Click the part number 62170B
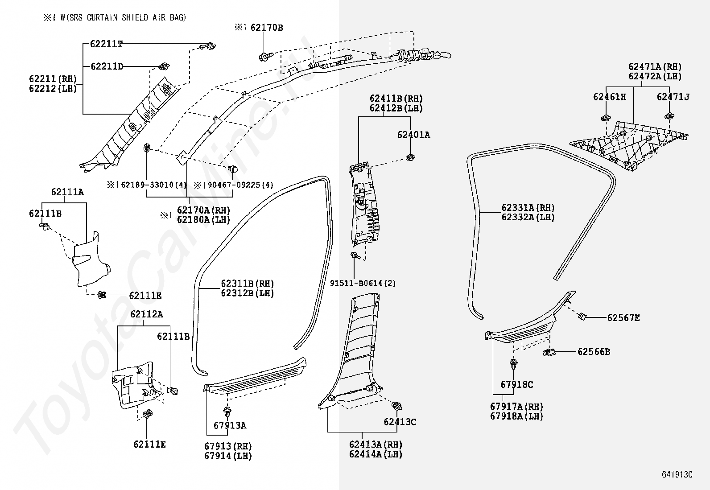point(267,28)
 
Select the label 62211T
point(106,44)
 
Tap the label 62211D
point(107,66)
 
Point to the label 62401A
point(413,135)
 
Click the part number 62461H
point(610,97)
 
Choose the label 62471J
point(673,97)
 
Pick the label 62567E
point(623,317)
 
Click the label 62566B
point(594,352)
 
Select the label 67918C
point(516,385)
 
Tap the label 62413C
point(400,422)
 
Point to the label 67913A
point(230,426)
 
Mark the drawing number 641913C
point(677,474)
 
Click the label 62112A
point(146,314)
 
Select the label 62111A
point(67,192)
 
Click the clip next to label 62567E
point(582,316)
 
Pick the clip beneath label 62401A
point(410,157)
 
